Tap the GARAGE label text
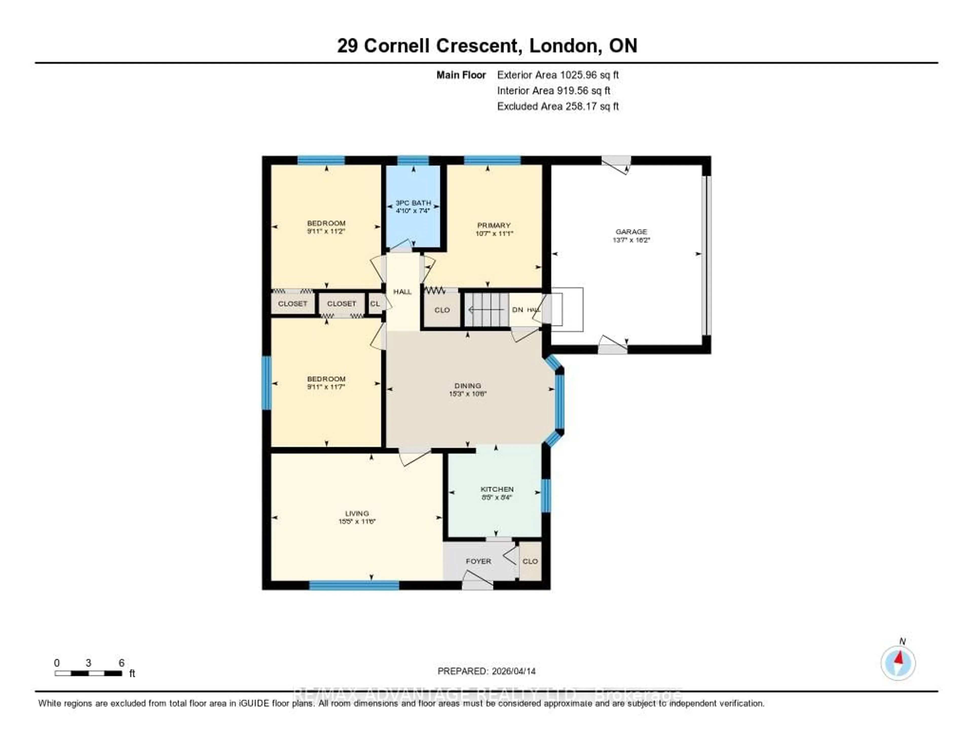pyautogui.click(x=631, y=232)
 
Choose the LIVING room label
pyautogui.click(x=357, y=513)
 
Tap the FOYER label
pyautogui.click(x=478, y=561)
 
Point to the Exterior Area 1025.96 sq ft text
pyautogui.click(x=558, y=75)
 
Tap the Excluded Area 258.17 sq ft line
pyautogui.click(x=558, y=106)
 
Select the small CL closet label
pyautogui.click(x=375, y=303)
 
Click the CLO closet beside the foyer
pyautogui.click(x=530, y=561)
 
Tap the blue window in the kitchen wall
pyautogui.click(x=545, y=495)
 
